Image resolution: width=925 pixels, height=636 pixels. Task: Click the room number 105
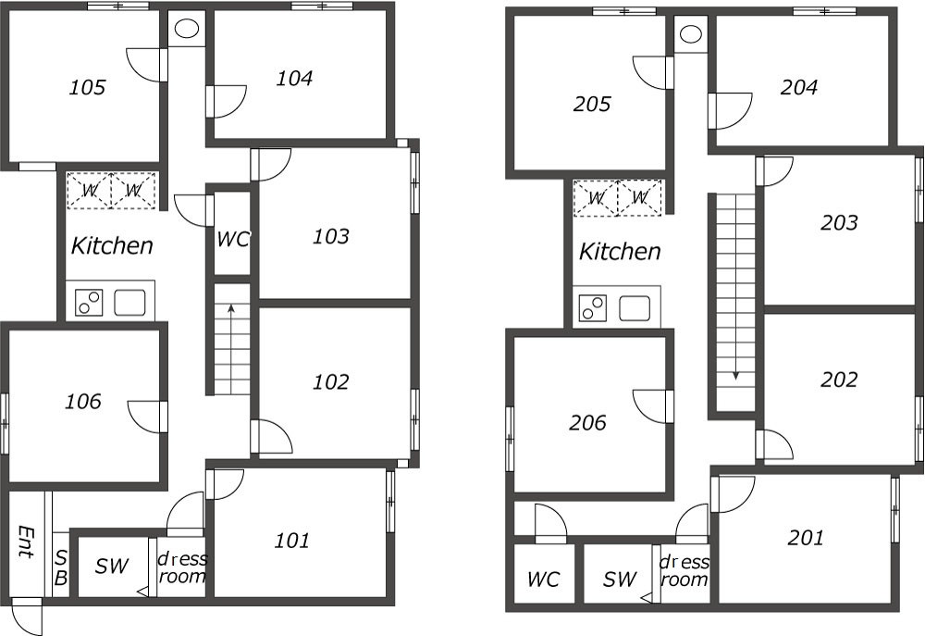coord(87,88)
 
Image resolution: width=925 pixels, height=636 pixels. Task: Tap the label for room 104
coord(294,78)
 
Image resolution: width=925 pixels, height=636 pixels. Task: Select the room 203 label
coord(839,222)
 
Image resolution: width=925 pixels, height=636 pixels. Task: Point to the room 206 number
coord(587,423)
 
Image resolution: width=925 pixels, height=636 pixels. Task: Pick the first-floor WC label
coord(232,239)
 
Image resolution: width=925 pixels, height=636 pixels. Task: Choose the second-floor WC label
coord(543,580)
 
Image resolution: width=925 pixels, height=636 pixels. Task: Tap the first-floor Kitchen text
coord(112,245)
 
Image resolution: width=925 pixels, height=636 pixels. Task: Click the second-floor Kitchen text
coord(620,252)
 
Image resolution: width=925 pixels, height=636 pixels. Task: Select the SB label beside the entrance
coord(61,568)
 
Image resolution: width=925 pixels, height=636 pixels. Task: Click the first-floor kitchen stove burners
coord(89,303)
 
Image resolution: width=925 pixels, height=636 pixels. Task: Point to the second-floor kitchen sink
coord(635,308)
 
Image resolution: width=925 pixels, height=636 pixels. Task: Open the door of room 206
coord(653,406)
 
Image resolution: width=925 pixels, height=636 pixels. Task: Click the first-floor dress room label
coord(182,567)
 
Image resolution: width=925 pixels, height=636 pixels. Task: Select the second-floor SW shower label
coord(620,580)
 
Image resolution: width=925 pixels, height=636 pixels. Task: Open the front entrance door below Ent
coord(27,616)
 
